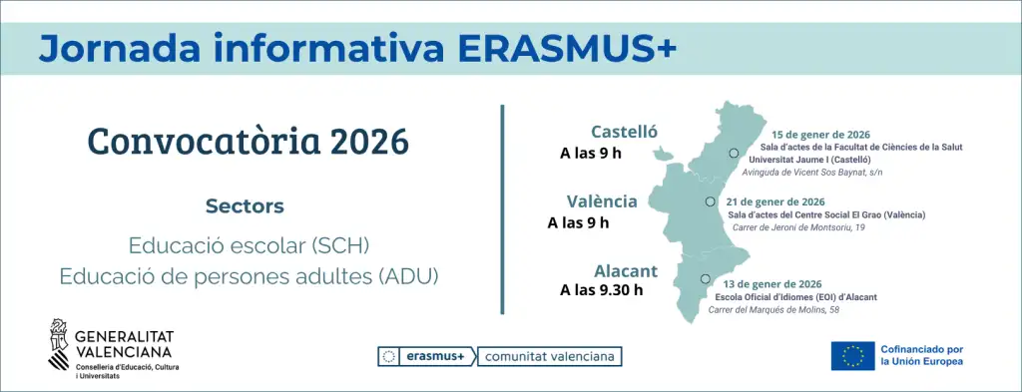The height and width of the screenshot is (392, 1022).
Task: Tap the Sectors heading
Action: pos(245,206)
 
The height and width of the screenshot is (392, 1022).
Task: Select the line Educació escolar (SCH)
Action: pos(249,244)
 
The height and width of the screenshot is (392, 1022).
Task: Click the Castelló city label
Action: pos(624,133)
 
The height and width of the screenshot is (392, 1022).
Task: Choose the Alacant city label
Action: pos(626,270)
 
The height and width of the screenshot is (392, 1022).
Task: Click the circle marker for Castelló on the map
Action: pos(733,154)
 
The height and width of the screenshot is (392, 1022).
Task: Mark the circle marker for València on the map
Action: pos(710,201)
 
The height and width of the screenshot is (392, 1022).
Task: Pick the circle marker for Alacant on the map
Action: pos(705,279)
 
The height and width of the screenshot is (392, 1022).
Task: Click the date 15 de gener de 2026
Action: pos(821,135)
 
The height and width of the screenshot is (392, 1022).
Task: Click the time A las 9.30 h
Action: pos(601,290)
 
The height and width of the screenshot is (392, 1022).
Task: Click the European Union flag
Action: pos(852,355)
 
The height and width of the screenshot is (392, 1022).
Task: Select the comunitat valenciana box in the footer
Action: pos(550,356)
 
